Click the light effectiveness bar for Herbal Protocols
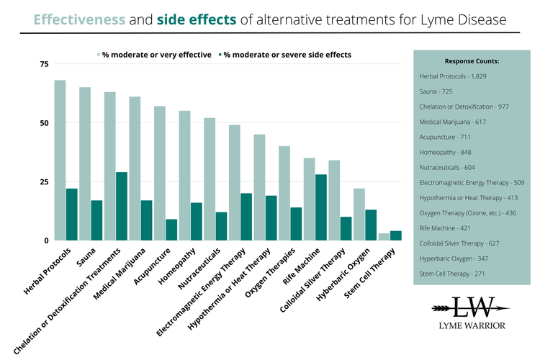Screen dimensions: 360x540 coord(60,160)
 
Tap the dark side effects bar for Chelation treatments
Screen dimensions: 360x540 coord(122,206)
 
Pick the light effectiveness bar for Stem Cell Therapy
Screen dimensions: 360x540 coord(384,237)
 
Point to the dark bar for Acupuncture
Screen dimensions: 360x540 coord(171,230)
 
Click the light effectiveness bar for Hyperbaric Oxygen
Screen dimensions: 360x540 coord(359,215)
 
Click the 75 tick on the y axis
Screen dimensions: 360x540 coord(44,64)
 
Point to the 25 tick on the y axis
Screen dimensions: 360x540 coord(44,181)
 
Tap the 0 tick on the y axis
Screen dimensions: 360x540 coord(46,240)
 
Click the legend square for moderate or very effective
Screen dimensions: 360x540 coord(100,54)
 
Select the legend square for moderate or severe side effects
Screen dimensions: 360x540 coord(220,54)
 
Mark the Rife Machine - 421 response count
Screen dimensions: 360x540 coord(446,228)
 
